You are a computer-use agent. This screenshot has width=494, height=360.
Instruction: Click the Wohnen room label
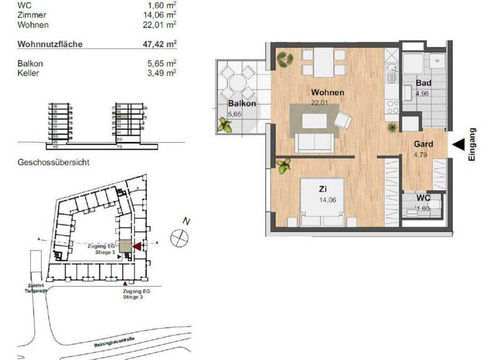tap(327, 93)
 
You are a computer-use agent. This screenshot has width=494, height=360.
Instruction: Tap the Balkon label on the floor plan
tap(242, 104)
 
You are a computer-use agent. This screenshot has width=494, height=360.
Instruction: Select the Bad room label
tap(423, 84)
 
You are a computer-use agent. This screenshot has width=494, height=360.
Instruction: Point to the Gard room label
tap(423, 144)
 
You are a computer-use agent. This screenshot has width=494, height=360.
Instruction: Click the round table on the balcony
tap(238, 82)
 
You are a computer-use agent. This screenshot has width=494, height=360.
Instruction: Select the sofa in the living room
tap(313, 143)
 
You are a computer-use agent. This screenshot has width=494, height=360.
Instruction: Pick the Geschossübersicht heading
tap(53, 163)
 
